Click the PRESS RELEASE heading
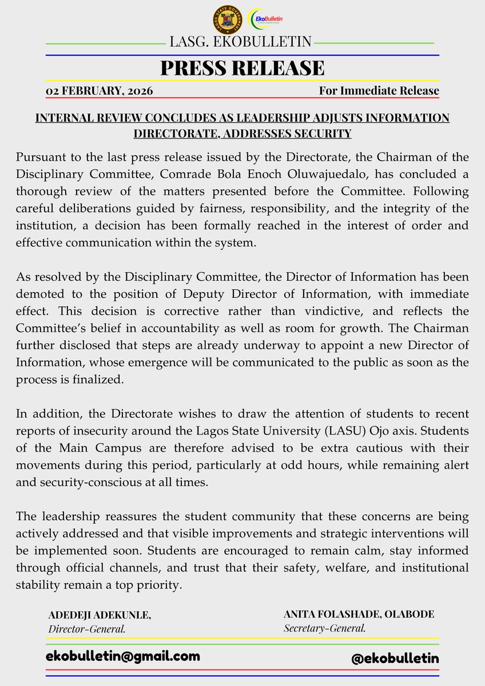pyautogui.click(x=242, y=68)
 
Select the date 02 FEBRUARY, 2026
pyautogui.click(x=99, y=90)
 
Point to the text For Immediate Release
pyautogui.click(x=379, y=90)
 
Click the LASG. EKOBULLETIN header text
pyautogui.click(x=240, y=42)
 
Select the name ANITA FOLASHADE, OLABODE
pyautogui.click(x=359, y=615)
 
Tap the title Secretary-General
pyautogui.click(x=324, y=628)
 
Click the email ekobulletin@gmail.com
pyautogui.click(x=123, y=656)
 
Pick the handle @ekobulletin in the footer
pyautogui.click(x=395, y=658)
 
